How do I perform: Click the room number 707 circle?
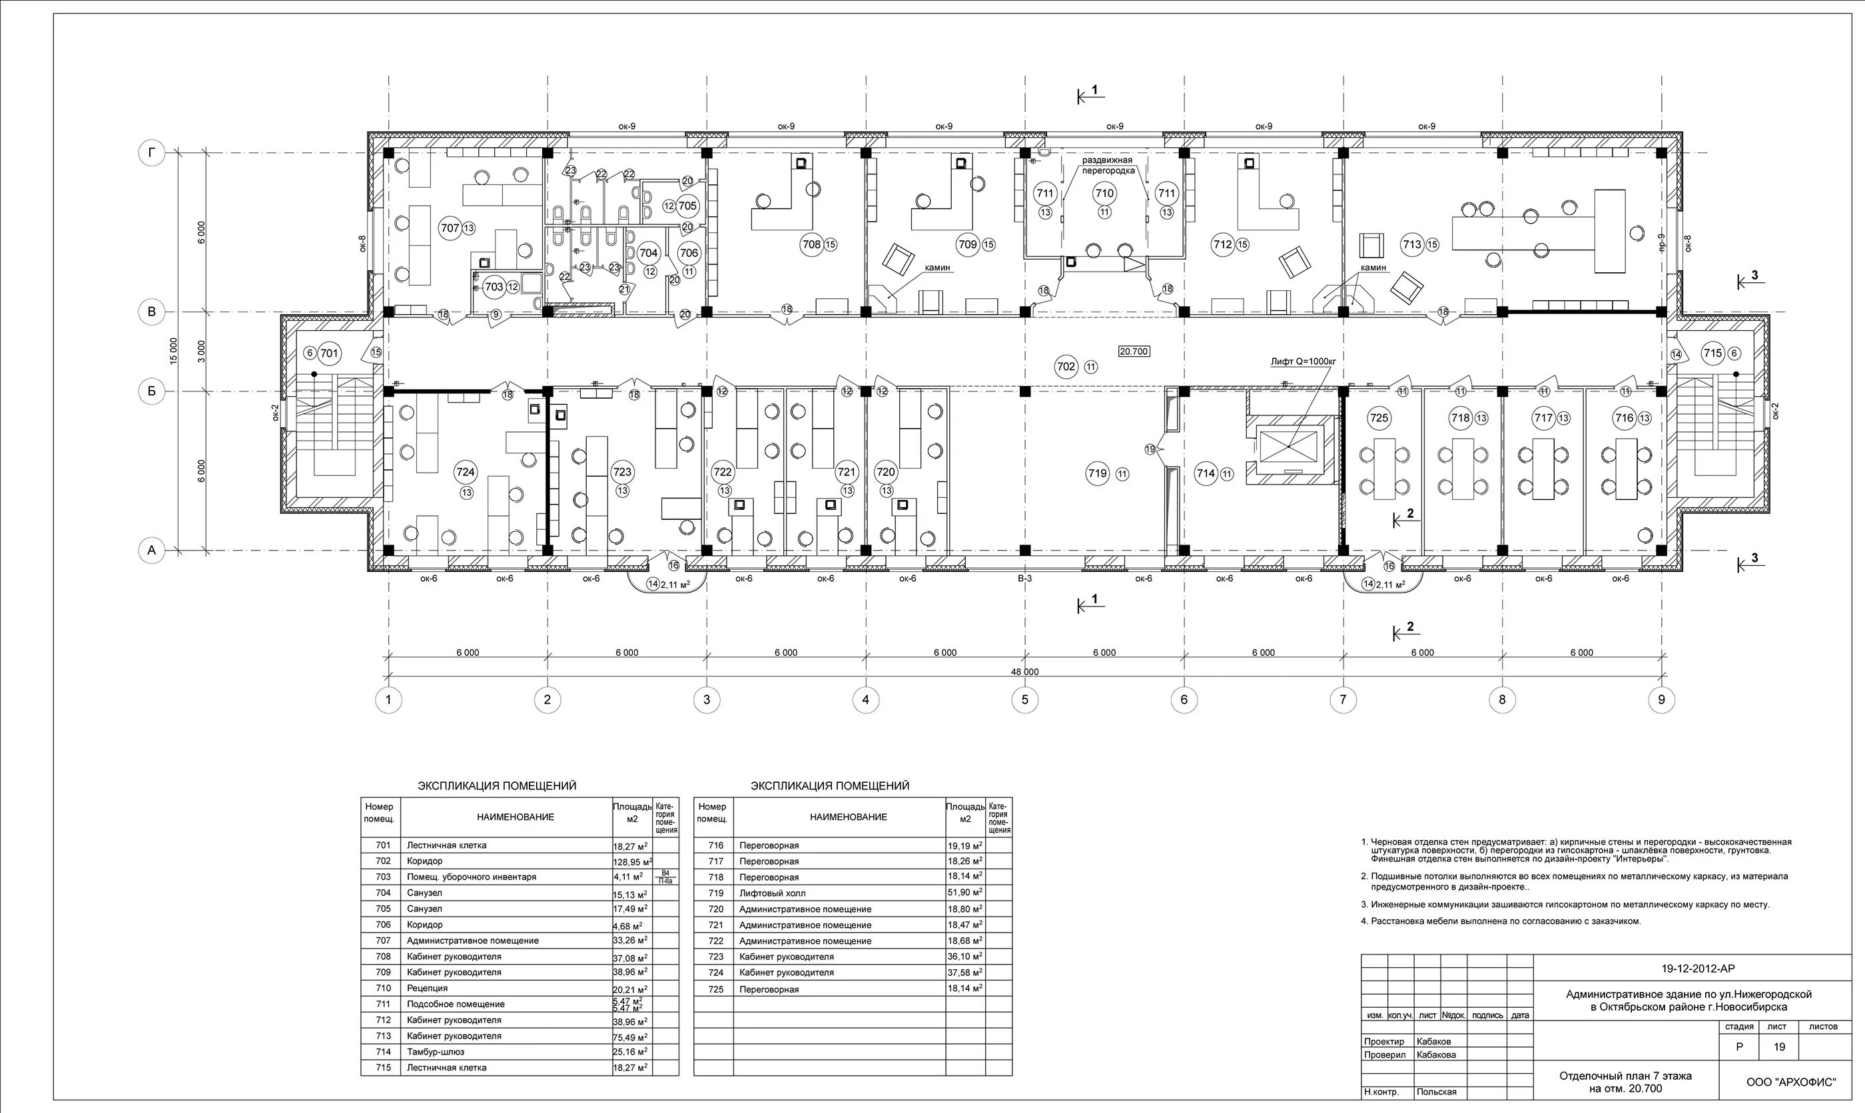pyautogui.click(x=450, y=228)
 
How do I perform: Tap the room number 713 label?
pyautogui.click(x=1413, y=244)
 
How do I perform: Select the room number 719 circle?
pyautogui.click(x=1097, y=473)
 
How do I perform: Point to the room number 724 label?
pyautogui.click(x=465, y=472)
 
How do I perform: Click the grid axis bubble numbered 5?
pyautogui.click(x=1025, y=700)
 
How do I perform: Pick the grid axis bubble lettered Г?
pyautogui.click(x=152, y=154)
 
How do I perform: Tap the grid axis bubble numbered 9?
pyautogui.click(x=1661, y=700)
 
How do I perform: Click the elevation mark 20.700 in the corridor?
pyautogui.click(x=1134, y=351)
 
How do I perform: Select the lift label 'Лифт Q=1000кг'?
pyautogui.click(x=1303, y=361)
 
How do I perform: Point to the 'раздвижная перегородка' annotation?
pyautogui.click(x=1106, y=165)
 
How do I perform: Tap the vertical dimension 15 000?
pyautogui.click(x=173, y=351)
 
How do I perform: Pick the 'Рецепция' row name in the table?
pyautogui.click(x=427, y=989)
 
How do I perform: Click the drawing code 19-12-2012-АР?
pyautogui.click(x=1688, y=969)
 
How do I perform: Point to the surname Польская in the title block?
pyautogui.click(x=1436, y=1092)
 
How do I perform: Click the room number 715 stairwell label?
pyautogui.click(x=1712, y=353)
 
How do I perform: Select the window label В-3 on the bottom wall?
pyautogui.click(x=1025, y=578)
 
